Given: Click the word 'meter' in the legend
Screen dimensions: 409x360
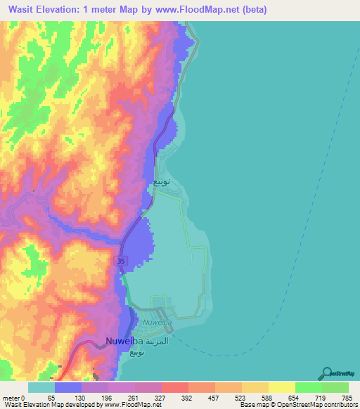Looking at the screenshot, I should [9, 398].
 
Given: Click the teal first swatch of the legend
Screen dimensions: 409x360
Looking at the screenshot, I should [41, 387].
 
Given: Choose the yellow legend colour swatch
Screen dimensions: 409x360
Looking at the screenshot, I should [281, 387].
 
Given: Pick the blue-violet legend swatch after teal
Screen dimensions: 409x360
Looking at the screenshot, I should [68, 387].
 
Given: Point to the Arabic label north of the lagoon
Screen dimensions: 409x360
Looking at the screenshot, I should [161, 181].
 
